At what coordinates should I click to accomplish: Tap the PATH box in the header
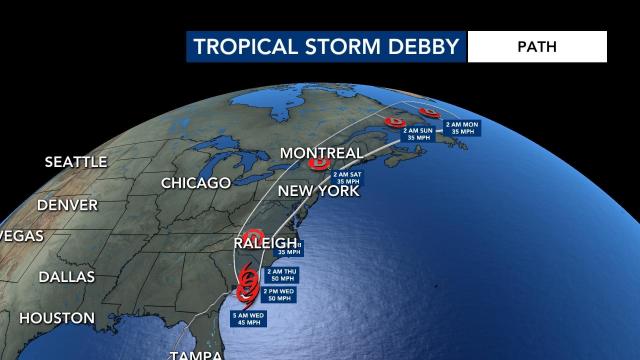537,46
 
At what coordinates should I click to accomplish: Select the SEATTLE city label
74,161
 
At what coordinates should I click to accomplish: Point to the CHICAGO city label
196,182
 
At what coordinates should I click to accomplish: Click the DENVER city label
67,204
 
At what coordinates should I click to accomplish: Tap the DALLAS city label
65,276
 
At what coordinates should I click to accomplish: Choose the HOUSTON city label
56,318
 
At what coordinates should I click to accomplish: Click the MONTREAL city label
321,152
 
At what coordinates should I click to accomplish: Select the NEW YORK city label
317,190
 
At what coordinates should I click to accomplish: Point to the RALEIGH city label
264,242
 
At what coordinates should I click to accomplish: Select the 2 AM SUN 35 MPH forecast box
418,134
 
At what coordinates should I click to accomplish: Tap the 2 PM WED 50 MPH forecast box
278,295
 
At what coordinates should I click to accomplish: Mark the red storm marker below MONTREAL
320,164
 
